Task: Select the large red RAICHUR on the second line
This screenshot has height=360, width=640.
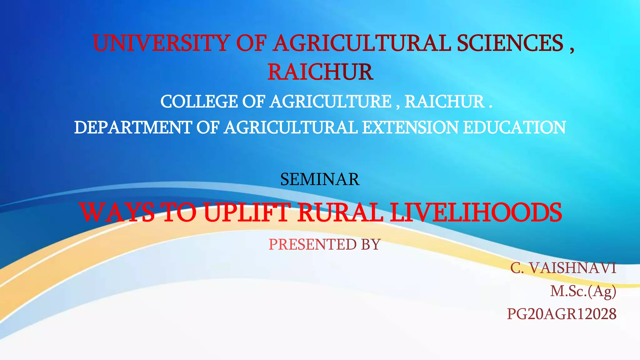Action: tap(320, 72)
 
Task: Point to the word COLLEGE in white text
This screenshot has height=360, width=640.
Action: tap(199, 102)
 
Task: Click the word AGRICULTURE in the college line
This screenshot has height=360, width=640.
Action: tap(331, 102)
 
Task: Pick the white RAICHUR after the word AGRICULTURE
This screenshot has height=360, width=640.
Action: tap(444, 102)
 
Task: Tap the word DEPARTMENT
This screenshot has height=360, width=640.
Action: tap(133, 127)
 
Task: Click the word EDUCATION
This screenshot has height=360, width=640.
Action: tap(514, 127)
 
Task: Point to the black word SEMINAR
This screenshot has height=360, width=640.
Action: tap(320, 179)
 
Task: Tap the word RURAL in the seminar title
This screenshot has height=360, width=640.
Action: tap(340, 212)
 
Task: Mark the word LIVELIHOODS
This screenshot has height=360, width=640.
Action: tap(476, 212)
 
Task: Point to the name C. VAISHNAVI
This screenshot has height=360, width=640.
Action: tap(563, 268)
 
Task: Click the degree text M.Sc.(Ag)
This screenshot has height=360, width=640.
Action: tap(583, 291)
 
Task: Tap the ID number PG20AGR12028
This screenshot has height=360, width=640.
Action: tap(562, 314)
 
